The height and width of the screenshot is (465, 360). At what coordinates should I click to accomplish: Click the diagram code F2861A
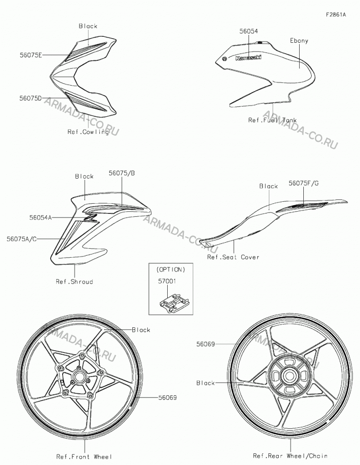336,14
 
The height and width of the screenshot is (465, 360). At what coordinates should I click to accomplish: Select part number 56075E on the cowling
31,55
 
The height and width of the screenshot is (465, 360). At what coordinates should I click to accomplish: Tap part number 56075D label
31,98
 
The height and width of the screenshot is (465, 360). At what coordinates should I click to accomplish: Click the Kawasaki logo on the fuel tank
249,58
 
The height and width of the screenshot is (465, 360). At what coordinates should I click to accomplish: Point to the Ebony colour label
299,40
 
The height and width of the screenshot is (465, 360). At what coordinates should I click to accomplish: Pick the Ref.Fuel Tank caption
272,120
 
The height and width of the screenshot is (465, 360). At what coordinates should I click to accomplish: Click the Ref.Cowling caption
88,132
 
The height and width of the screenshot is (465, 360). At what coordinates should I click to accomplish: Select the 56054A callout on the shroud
40,218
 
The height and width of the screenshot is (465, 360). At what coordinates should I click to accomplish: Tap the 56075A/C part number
22,239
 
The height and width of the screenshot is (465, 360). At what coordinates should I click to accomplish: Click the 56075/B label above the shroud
122,173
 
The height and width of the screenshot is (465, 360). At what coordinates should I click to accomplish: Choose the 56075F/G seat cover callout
304,183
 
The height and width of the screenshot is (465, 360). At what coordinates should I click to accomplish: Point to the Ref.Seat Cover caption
233,257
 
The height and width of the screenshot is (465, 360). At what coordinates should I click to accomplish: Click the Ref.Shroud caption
74,281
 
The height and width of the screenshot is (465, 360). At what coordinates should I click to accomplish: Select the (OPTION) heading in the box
170,270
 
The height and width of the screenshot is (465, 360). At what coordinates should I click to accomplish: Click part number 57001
167,281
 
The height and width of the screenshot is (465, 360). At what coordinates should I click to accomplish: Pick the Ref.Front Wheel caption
85,457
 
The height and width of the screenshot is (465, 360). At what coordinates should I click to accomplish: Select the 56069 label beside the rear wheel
205,344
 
